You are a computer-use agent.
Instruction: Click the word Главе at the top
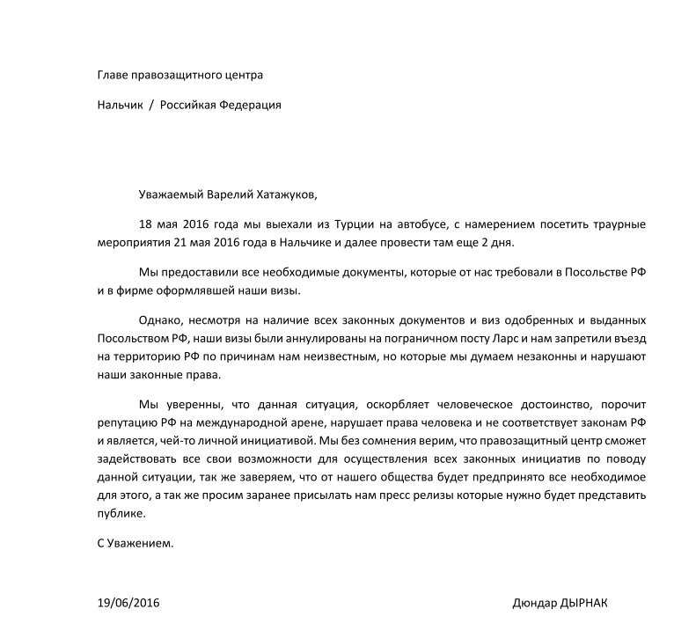click(114, 75)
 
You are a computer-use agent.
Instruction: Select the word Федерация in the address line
click(251, 105)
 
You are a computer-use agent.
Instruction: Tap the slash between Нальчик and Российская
click(150, 105)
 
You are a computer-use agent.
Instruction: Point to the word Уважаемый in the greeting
click(170, 194)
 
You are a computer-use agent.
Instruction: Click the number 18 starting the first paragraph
click(146, 224)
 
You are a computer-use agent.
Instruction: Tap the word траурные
click(619, 224)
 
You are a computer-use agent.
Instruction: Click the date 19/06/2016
click(128, 604)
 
